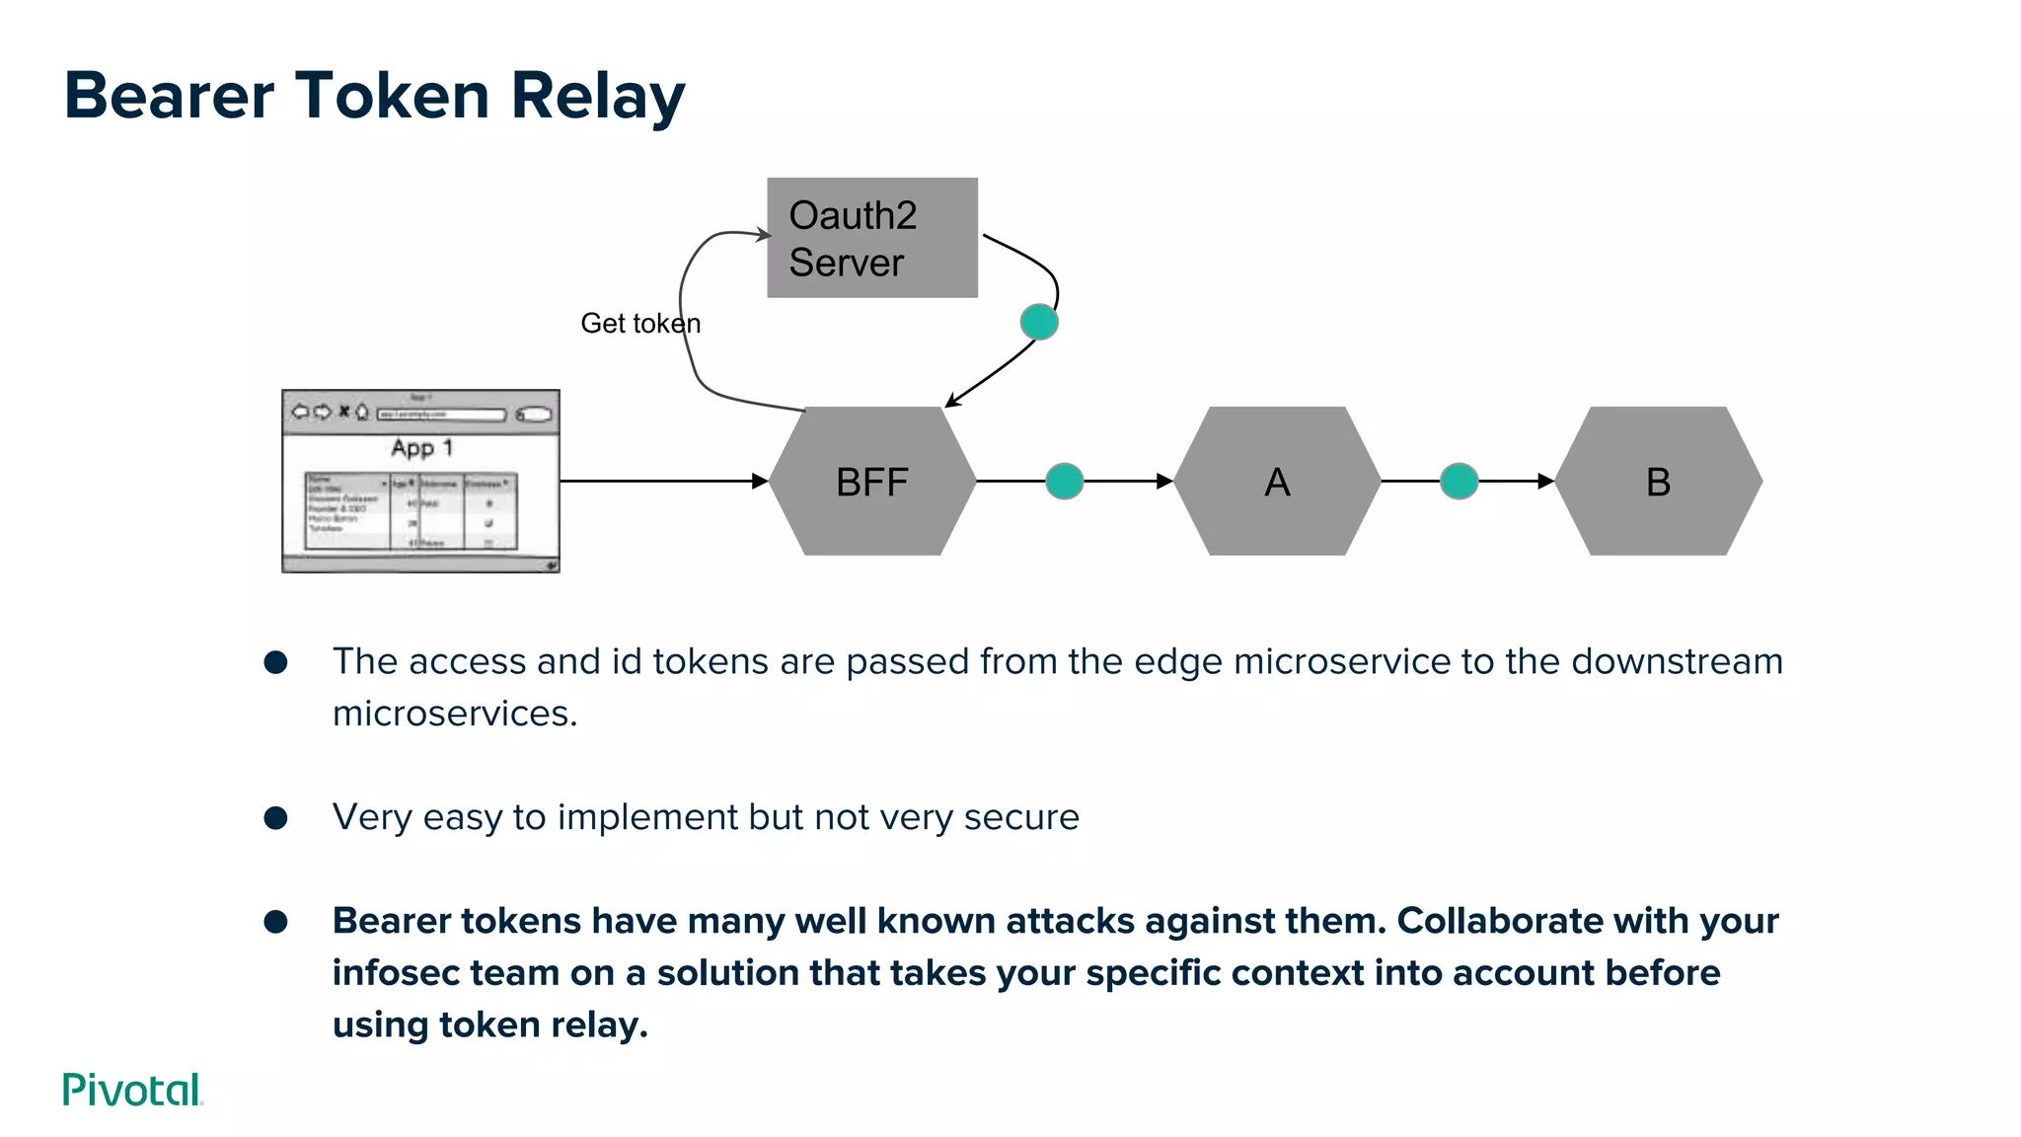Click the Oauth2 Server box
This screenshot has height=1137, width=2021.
tap(872, 238)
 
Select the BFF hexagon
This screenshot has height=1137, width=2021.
tap(872, 482)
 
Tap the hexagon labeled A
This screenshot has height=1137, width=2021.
tap(1277, 482)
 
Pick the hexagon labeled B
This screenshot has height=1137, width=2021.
tap(1658, 482)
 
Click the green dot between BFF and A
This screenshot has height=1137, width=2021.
tap(1064, 481)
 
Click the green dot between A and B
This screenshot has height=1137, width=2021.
tap(1459, 481)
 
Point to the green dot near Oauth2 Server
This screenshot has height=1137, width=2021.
tap(1038, 322)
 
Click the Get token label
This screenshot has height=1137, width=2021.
tap(639, 324)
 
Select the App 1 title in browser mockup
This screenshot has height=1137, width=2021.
tap(421, 448)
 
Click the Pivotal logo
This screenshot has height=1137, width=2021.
tap(132, 1090)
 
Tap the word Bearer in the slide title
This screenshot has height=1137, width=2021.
tap(169, 96)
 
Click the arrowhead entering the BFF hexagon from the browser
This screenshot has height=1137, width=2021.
tap(760, 481)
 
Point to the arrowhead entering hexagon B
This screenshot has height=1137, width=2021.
tap(1546, 481)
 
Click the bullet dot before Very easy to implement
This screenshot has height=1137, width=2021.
tap(275, 817)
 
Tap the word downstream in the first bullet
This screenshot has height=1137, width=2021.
tap(1677, 661)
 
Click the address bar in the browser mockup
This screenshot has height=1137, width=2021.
tap(441, 415)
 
